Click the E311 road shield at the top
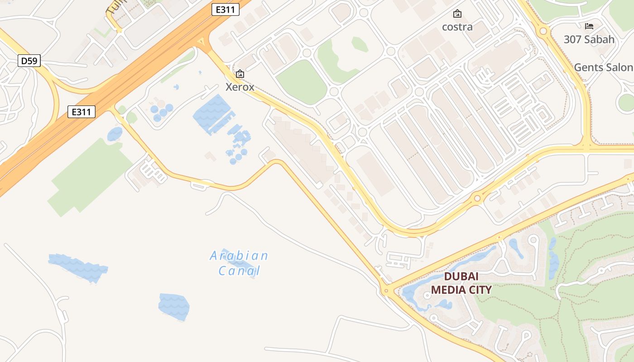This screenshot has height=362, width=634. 225,10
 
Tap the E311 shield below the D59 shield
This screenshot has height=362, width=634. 82,112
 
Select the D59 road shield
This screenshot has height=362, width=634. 29,61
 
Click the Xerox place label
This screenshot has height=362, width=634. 240,87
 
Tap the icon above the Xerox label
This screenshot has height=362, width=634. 240,74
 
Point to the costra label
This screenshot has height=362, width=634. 457,27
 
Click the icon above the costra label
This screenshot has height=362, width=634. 457,14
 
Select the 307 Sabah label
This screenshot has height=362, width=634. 589,39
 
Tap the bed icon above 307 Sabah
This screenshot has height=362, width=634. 589,26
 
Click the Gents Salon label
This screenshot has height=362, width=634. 603,67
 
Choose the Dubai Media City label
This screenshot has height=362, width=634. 461,283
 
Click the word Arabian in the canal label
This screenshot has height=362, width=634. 239,256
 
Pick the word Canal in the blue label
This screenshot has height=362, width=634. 239,271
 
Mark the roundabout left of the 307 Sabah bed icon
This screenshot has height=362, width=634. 543,31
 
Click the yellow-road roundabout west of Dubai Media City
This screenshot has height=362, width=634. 385,291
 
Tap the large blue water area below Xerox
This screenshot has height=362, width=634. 213,114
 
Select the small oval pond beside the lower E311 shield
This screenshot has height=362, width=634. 115,134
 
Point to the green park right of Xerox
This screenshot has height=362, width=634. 301,81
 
